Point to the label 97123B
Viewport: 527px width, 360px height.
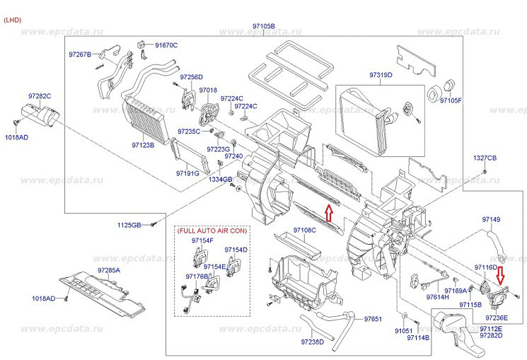point(143,146)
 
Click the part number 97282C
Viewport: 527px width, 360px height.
point(40,95)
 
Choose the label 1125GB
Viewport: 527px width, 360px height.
point(130,225)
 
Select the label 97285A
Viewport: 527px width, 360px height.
point(109,271)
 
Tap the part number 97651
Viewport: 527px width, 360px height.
point(373,320)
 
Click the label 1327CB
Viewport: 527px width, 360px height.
point(485,157)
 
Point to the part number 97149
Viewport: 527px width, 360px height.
point(491,220)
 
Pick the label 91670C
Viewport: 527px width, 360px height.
point(166,45)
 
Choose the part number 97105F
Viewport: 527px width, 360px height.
point(451,101)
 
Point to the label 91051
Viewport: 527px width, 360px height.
point(403,330)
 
